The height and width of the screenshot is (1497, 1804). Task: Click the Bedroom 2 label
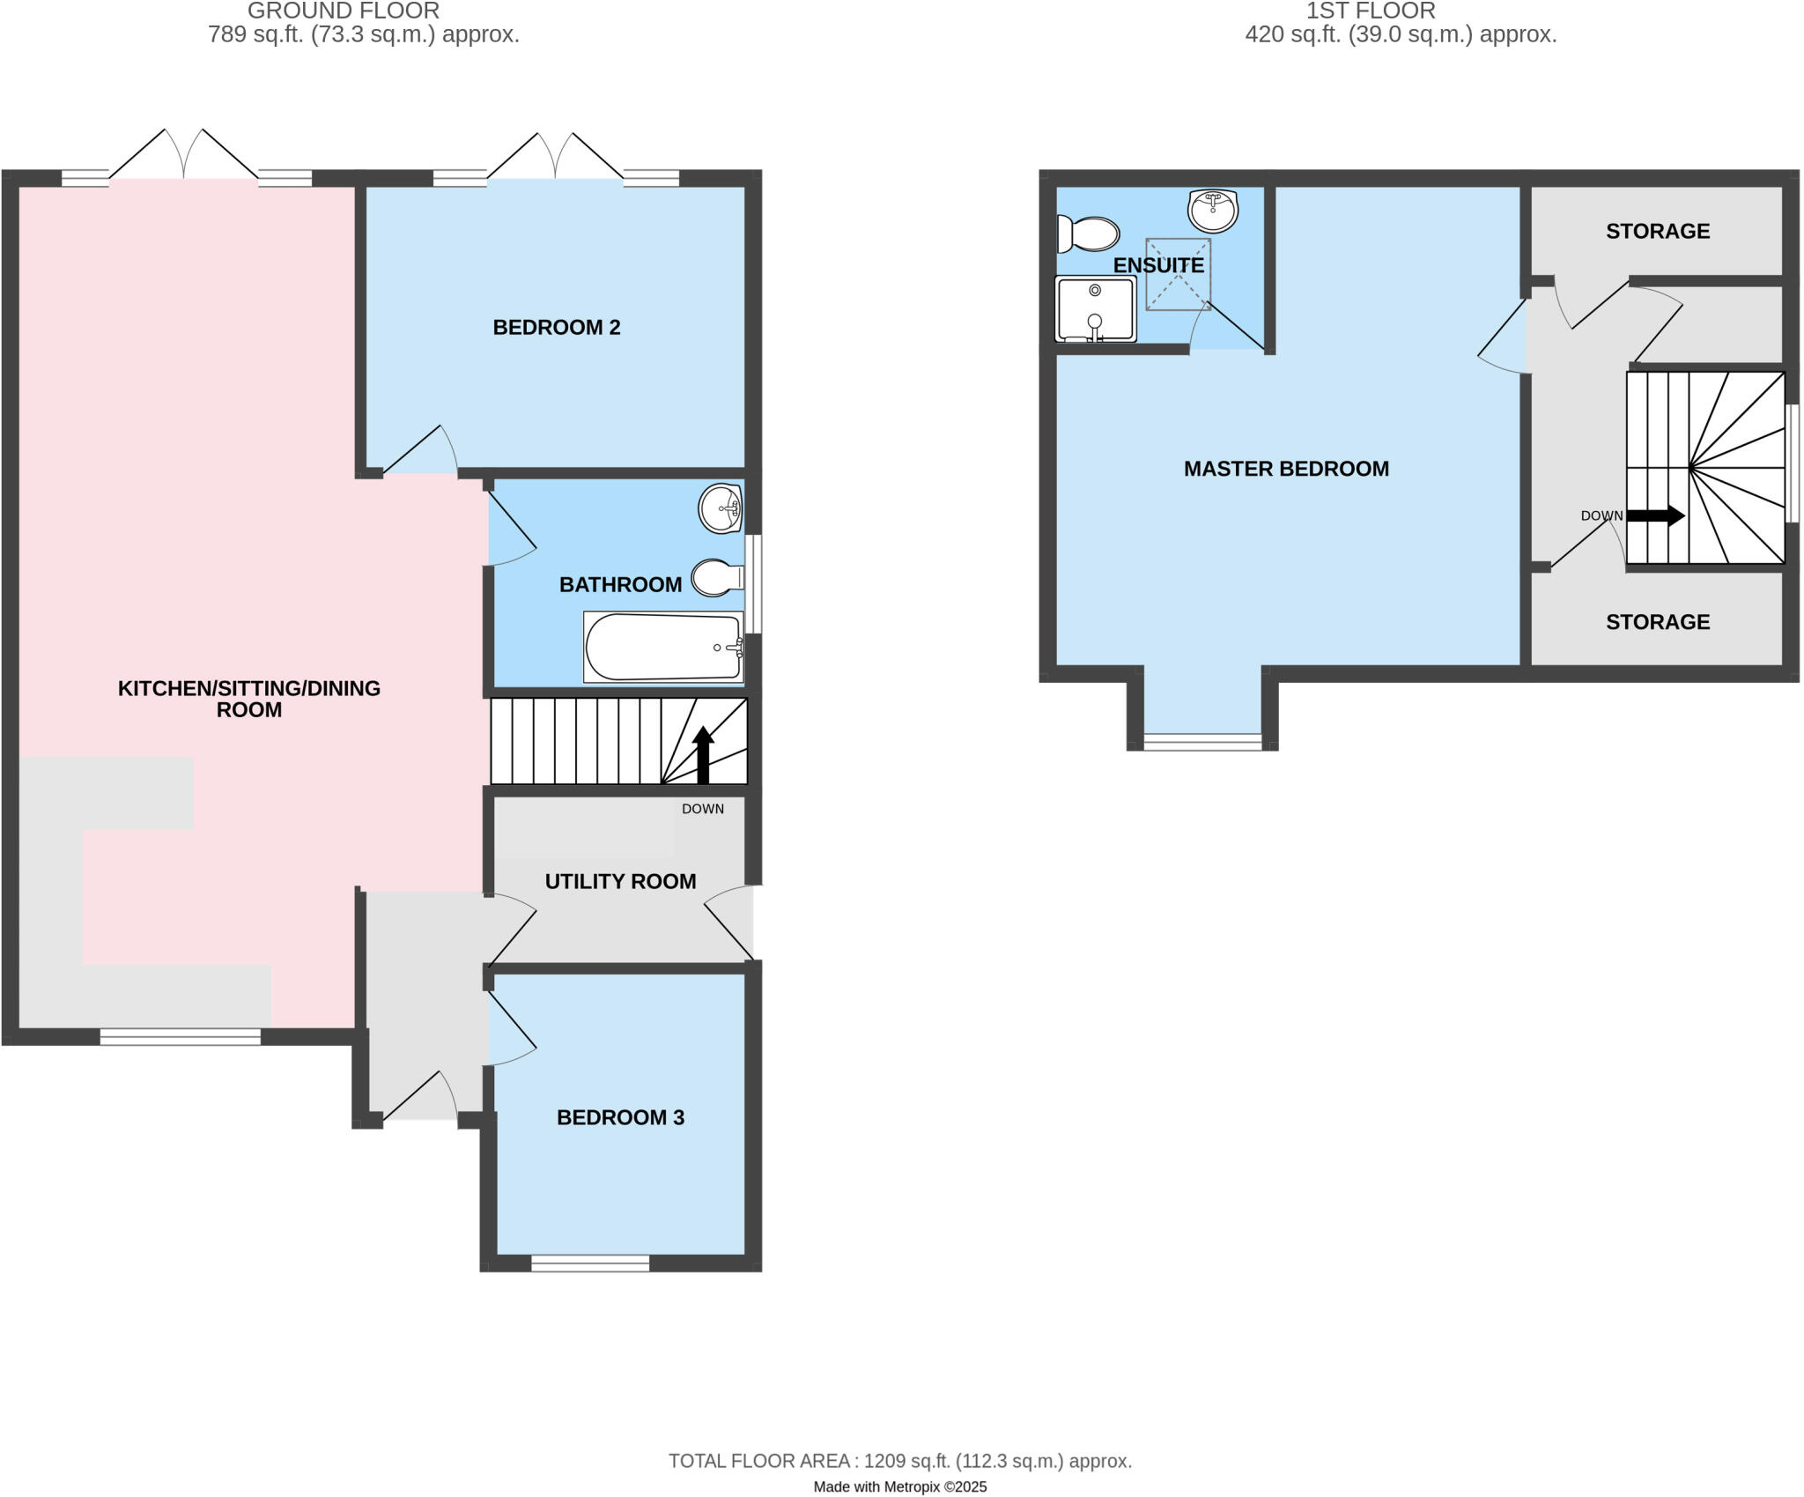tap(556, 328)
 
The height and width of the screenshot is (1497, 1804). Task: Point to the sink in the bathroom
tap(720, 508)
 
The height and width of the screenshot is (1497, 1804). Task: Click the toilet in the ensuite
tap(1089, 234)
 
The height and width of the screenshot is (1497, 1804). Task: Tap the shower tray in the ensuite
tap(1095, 308)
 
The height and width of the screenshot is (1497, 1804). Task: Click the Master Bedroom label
tap(1285, 469)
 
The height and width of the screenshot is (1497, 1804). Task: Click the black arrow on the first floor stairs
tap(1655, 516)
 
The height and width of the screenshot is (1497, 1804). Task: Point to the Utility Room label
tap(620, 881)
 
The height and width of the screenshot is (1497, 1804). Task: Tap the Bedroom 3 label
tap(620, 1117)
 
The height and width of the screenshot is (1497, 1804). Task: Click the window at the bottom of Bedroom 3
tap(590, 1264)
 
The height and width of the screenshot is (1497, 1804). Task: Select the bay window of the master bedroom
tap(1202, 742)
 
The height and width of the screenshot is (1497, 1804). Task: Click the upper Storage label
tap(1657, 232)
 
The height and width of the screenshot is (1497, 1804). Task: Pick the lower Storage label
tap(1657, 622)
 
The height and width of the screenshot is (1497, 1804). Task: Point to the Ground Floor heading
tap(344, 11)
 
